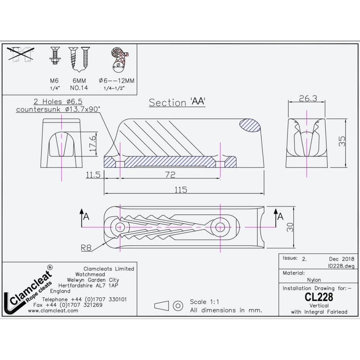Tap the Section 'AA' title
point(177,102)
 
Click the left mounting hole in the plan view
point(121,226)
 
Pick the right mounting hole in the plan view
point(220,226)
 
